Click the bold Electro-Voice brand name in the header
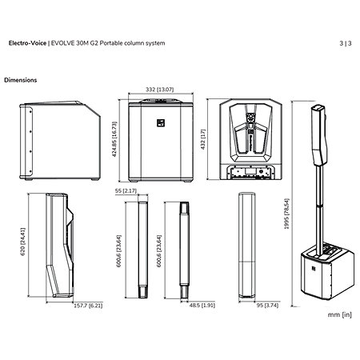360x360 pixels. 27,43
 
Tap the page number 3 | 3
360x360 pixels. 346,43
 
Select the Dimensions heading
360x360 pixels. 21,80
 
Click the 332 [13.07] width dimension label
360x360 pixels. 159,90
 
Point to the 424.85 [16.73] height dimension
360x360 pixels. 114,139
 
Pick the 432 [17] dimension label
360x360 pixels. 203,139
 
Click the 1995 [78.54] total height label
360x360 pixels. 286,214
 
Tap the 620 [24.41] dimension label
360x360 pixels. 23,242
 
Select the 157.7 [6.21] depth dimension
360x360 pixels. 88,306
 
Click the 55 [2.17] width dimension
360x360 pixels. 126,191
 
